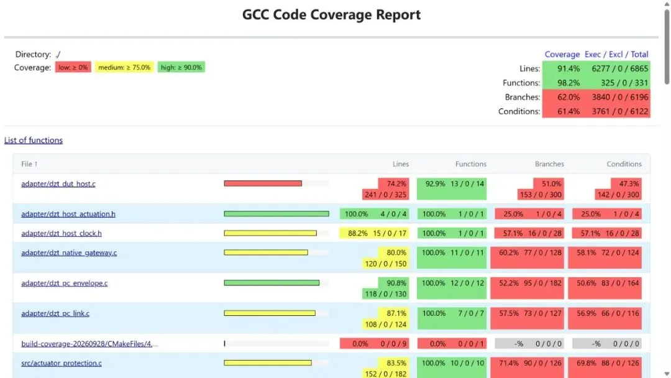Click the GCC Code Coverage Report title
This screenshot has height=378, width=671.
point(331,14)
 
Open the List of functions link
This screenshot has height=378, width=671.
point(34,140)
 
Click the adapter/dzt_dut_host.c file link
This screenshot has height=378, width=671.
point(58,183)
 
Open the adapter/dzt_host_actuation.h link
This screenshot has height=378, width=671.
point(68,214)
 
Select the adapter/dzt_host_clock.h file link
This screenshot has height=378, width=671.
point(62,233)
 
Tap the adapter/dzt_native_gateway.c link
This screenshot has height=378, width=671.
point(69,252)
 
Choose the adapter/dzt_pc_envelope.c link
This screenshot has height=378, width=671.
point(65,283)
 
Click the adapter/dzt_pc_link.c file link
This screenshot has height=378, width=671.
point(56,313)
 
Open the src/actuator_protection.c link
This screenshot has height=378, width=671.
point(62,363)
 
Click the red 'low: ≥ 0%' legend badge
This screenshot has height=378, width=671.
point(73,67)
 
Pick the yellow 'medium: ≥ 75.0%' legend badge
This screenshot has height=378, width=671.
point(124,67)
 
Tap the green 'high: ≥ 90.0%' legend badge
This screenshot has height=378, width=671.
point(181,67)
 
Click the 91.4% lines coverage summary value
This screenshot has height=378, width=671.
point(568,68)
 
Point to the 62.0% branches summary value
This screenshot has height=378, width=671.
point(568,97)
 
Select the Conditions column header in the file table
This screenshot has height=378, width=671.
point(624,164)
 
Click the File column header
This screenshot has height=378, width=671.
point(30,164)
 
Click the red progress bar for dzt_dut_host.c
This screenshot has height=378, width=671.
point(263,183)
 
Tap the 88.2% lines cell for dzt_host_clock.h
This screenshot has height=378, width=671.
point(357,233)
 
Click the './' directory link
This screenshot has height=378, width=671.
point(58,54)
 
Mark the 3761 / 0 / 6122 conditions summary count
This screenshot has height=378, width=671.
point(620,111)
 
